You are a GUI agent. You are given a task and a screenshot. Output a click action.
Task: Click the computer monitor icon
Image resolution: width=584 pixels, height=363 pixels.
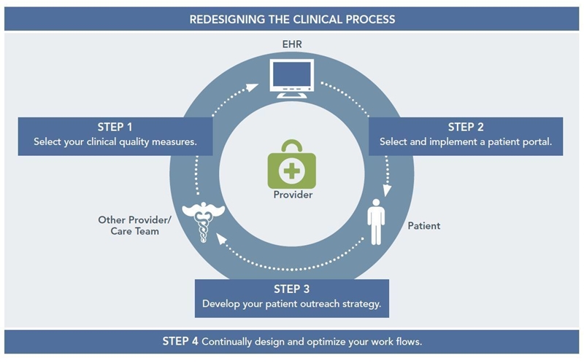tap(292, 79)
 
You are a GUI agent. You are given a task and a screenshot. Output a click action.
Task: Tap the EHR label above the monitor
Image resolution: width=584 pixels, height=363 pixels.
tap(292, 44)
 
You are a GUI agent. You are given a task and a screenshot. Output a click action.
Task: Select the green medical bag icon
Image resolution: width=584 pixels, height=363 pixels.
tap(291, 164)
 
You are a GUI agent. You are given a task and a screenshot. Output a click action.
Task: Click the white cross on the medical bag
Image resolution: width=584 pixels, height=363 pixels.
tap(291, 171)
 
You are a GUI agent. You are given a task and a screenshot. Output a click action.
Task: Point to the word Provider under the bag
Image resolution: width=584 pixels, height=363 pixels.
tap(293, 195)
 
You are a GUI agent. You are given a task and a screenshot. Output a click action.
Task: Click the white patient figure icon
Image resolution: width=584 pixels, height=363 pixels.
tap(376, 222)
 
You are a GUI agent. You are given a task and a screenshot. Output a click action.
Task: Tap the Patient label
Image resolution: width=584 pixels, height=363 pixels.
tap(424, 226)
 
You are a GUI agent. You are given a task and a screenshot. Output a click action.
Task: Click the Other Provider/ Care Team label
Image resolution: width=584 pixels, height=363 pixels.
tap(134, 225)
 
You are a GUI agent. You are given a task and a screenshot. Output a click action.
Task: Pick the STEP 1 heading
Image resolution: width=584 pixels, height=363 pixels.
tap(115, 128)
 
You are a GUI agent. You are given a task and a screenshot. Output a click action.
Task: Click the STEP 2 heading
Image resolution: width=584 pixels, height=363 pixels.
tap(466, 128)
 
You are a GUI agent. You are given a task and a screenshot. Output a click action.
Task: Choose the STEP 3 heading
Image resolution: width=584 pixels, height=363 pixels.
tap(291, 289)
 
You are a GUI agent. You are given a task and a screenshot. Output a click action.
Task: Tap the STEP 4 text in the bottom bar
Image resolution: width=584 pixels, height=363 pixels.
tap(180, 341)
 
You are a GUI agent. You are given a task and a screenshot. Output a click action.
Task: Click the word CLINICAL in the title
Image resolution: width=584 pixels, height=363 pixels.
tap(318, 20)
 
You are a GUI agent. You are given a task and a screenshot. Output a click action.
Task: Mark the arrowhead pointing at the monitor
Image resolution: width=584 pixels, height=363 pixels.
tap(253, 87)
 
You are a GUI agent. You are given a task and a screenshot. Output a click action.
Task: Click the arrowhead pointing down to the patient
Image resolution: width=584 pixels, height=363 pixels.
tap(388, 190)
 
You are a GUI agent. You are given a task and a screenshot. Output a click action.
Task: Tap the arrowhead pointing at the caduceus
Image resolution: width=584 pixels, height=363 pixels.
tap(221, 238)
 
